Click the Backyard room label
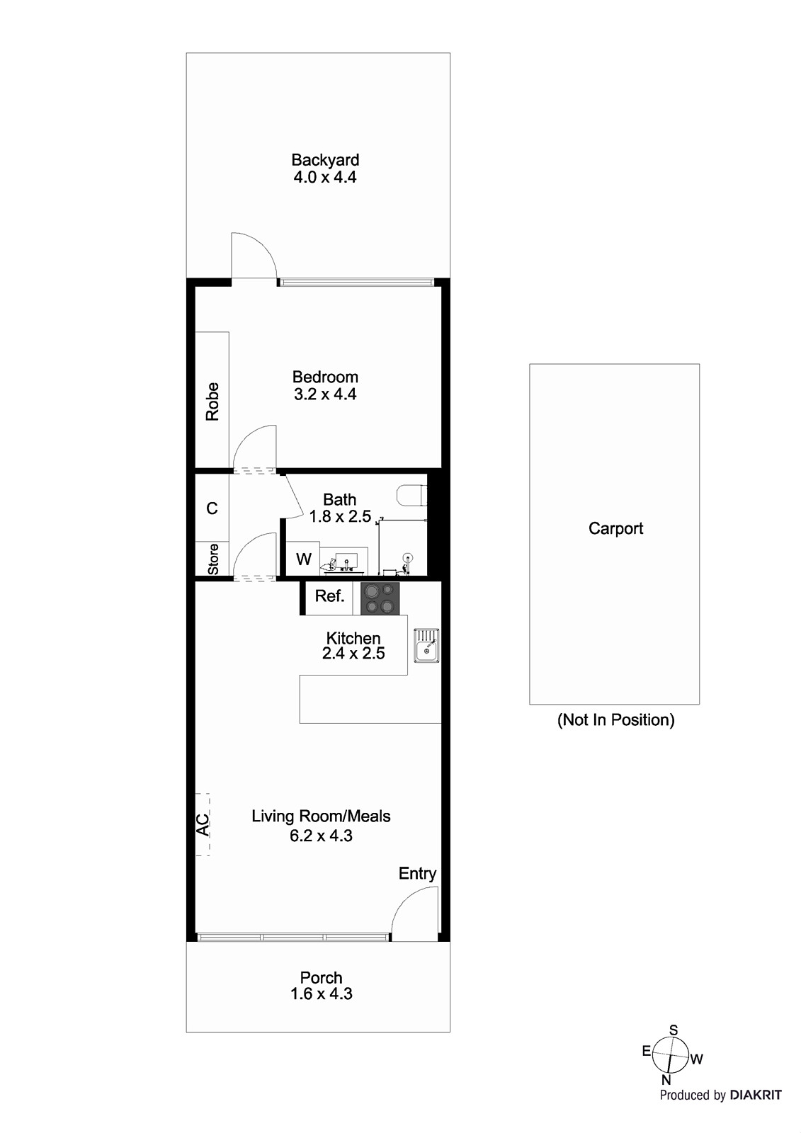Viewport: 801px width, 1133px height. [x=325, y=160]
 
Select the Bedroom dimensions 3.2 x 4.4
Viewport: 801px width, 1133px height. [x=325, y=394]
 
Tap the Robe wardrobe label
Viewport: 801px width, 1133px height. [x=212, y=402]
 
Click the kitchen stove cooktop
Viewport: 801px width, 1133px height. [x=380, y=598]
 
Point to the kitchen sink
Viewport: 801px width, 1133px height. [x=426, y=645]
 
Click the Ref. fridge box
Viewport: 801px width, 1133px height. [x=329, y=596]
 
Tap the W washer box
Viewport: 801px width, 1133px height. [x=303, y=559]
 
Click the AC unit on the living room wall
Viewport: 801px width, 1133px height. [x=203, y=824]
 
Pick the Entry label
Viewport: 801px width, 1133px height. [x=417, y=874]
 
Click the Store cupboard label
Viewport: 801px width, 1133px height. [x=212, y=559]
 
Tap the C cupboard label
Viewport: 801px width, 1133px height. [x=212, y=508]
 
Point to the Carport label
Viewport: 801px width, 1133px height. [x=615, y=529]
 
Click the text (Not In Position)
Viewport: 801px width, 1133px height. [x=615, y=720]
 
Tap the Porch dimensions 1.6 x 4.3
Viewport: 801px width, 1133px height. [x=321, y=994]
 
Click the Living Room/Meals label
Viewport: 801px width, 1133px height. [x=321, y=816]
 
